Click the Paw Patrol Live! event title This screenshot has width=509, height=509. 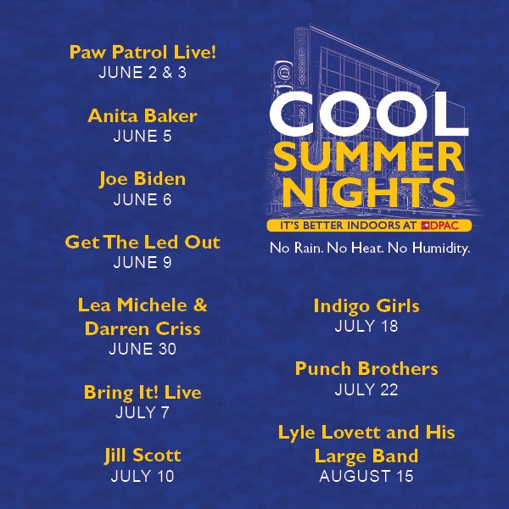pos(143,53)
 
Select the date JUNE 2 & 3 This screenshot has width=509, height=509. pos(143,72)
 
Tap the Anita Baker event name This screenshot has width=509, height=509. pos(143,115)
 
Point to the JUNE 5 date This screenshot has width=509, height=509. pos(143,136)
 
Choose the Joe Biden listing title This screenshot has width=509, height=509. pos(143,179)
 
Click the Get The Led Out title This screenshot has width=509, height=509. pos(143,242)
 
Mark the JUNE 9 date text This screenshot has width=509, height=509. pos(143,262)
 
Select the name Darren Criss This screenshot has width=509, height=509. pos(143,328)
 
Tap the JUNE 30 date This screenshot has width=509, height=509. pos(143,349)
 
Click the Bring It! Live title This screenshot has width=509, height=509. pos(143,393)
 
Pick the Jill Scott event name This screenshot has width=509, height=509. pos(143,456)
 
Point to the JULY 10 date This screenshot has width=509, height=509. pos(143,476)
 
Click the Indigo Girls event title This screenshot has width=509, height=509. pos(366,306)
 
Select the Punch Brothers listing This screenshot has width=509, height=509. pos(366,369)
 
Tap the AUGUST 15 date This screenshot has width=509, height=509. pos(366,476)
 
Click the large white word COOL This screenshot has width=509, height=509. pos(369,115)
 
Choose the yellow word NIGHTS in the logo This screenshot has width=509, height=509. pos(369,193)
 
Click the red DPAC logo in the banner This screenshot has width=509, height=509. pos(439,226)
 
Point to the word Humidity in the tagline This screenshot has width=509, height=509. pos(441,248)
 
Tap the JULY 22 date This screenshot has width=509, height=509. pos(366,389)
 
